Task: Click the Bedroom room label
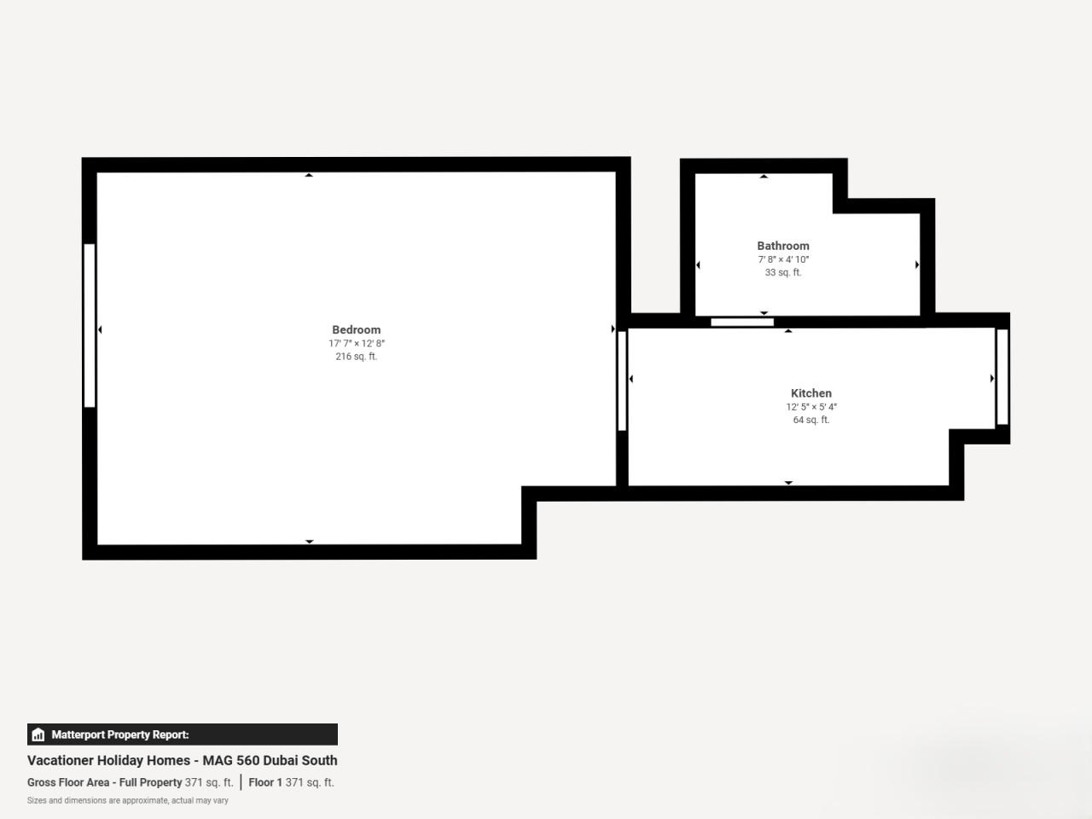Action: pyautogui.click(x=357, y=329)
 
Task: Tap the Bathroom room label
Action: pyautogui.click(x=783, y=246)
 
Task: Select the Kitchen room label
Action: pyautogui.click(x=811, y=392)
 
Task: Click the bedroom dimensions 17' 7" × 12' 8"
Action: pyautogui.click(x=357, y=343)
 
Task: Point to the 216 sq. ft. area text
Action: pyautogui.click(x=357, y=356)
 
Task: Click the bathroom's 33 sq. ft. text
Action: pyautogui.click(x=783, y=272)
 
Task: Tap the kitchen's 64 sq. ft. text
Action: pyautogui.click(x=811, y=420)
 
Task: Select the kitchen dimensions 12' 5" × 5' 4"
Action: pyautogui.click(x=811, y=407)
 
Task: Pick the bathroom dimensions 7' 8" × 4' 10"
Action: pyautogui.click(x=783, y=259)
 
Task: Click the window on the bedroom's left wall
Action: pyautogui.click(x=90, y=326)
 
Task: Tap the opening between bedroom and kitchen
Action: pyautogui.click(x=622, y=380)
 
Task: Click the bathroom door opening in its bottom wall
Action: pyautogui.click(x=742, y=322)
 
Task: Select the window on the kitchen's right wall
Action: pyautogui.click(x=1002, y=377)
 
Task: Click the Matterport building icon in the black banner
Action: pyautogui.click(x=38, y=735)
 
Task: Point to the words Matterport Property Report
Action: pyautogui.click(x=120, y=735)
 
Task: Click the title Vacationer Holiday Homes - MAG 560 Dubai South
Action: pyautogui.click(x=182, y=760)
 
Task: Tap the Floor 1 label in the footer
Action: pyautogui.click(x=265, y=782)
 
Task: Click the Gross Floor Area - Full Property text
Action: pyautogui.click(x=104, y=782)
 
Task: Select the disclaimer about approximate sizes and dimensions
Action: pyautogui.click(x=127, y=800)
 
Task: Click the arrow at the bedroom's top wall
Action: pyautogui.click(x=309, y=175)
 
